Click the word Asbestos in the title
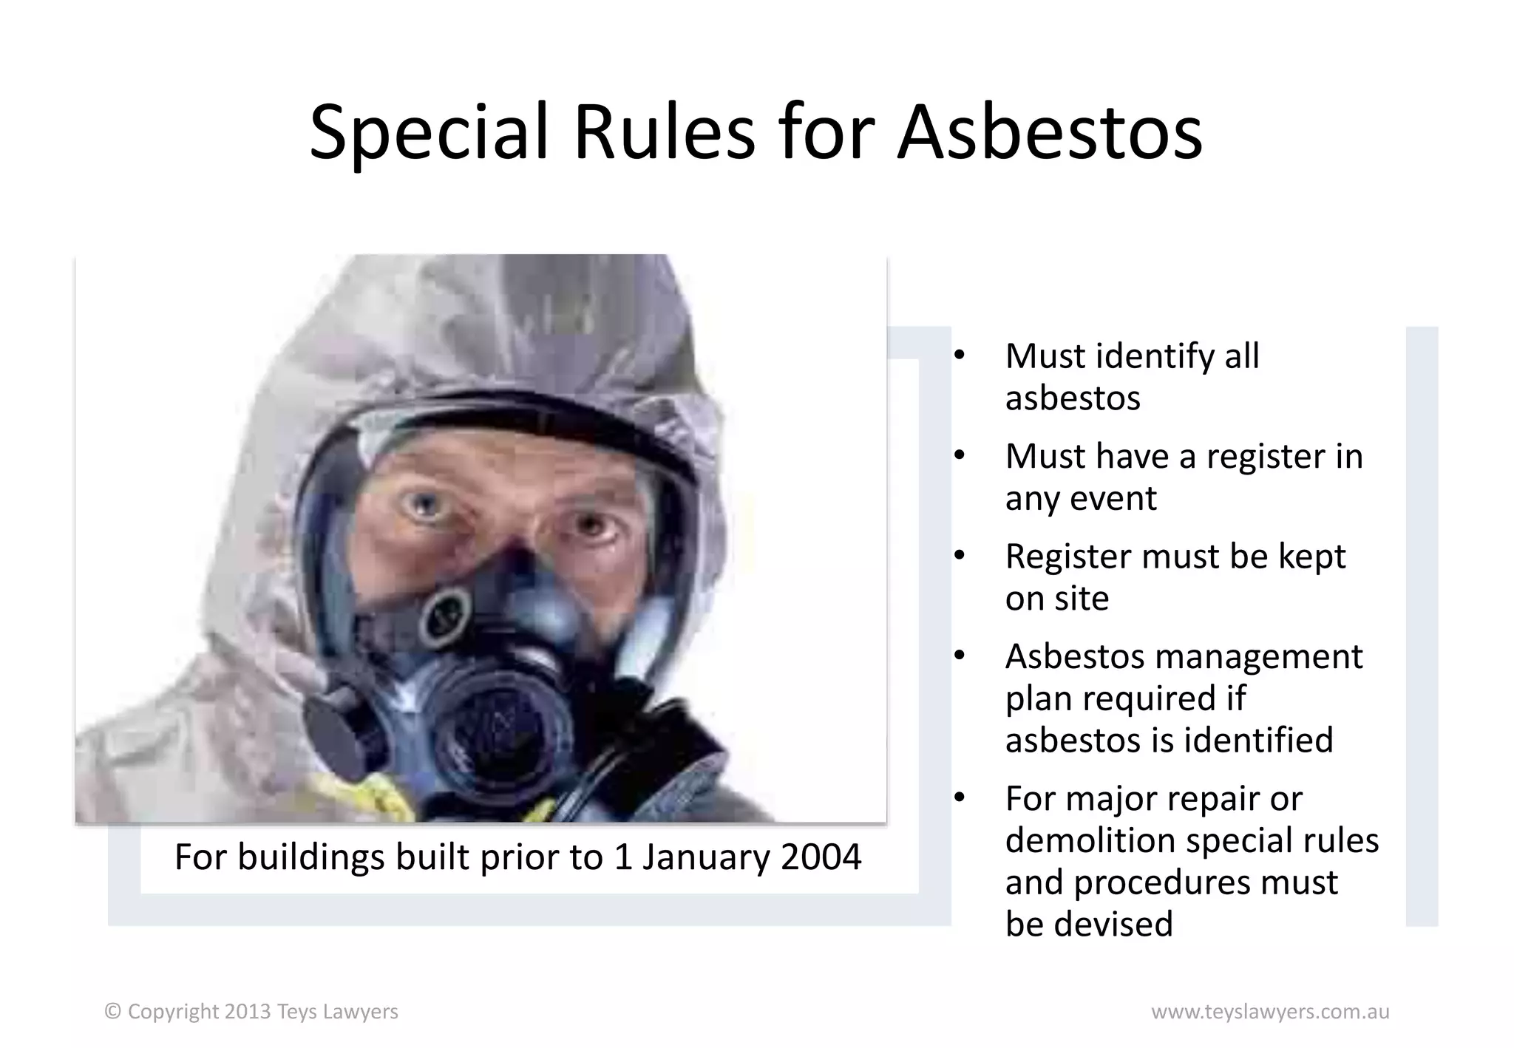tap(1050, 133)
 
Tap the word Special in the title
tap(430, 133)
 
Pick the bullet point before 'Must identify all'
tap(960, 355)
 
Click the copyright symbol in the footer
tap(112, 1011)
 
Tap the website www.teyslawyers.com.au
tap(1269, 1012)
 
